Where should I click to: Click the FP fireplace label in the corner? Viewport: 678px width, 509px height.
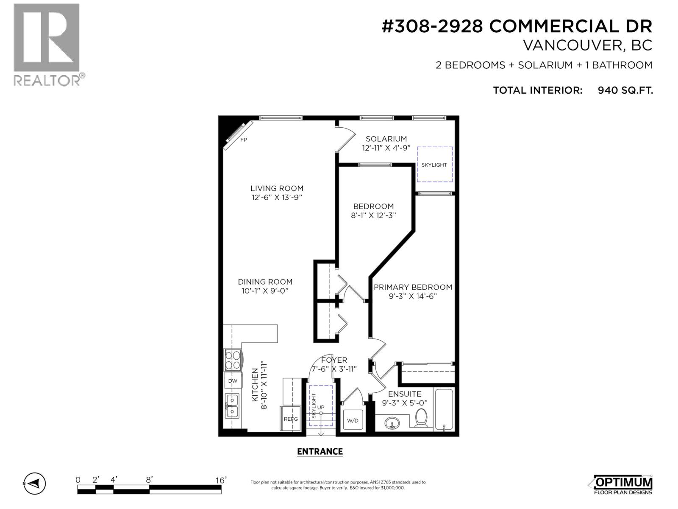tap(243, 140)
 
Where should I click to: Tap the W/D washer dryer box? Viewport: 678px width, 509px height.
tap(353, 420)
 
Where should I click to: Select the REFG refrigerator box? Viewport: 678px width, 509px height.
tap(291, 419)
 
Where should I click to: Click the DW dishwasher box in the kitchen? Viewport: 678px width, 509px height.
tap(233, 381)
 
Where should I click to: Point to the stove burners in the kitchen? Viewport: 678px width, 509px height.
tap(233, 360)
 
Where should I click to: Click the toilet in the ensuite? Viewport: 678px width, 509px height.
tap(421, 418)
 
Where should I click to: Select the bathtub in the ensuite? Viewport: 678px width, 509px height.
tap(444, 409)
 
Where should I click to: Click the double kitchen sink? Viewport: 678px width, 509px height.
tap(232, 406)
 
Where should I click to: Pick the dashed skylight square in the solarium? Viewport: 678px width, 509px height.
tap(434, 165)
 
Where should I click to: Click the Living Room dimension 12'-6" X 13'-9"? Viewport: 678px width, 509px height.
tap(277, 198)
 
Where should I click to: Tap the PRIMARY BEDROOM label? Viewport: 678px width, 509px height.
tap(413, 287)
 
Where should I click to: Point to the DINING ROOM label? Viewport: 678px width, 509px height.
tap(265, 282)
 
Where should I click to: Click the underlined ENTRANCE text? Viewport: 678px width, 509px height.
tap(320, 452)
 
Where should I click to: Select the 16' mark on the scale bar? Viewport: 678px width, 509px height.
tap(220, 480)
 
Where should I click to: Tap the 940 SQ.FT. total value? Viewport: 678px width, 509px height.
tap(625, 90)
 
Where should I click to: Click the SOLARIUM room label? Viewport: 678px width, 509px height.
tap(386, 139)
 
